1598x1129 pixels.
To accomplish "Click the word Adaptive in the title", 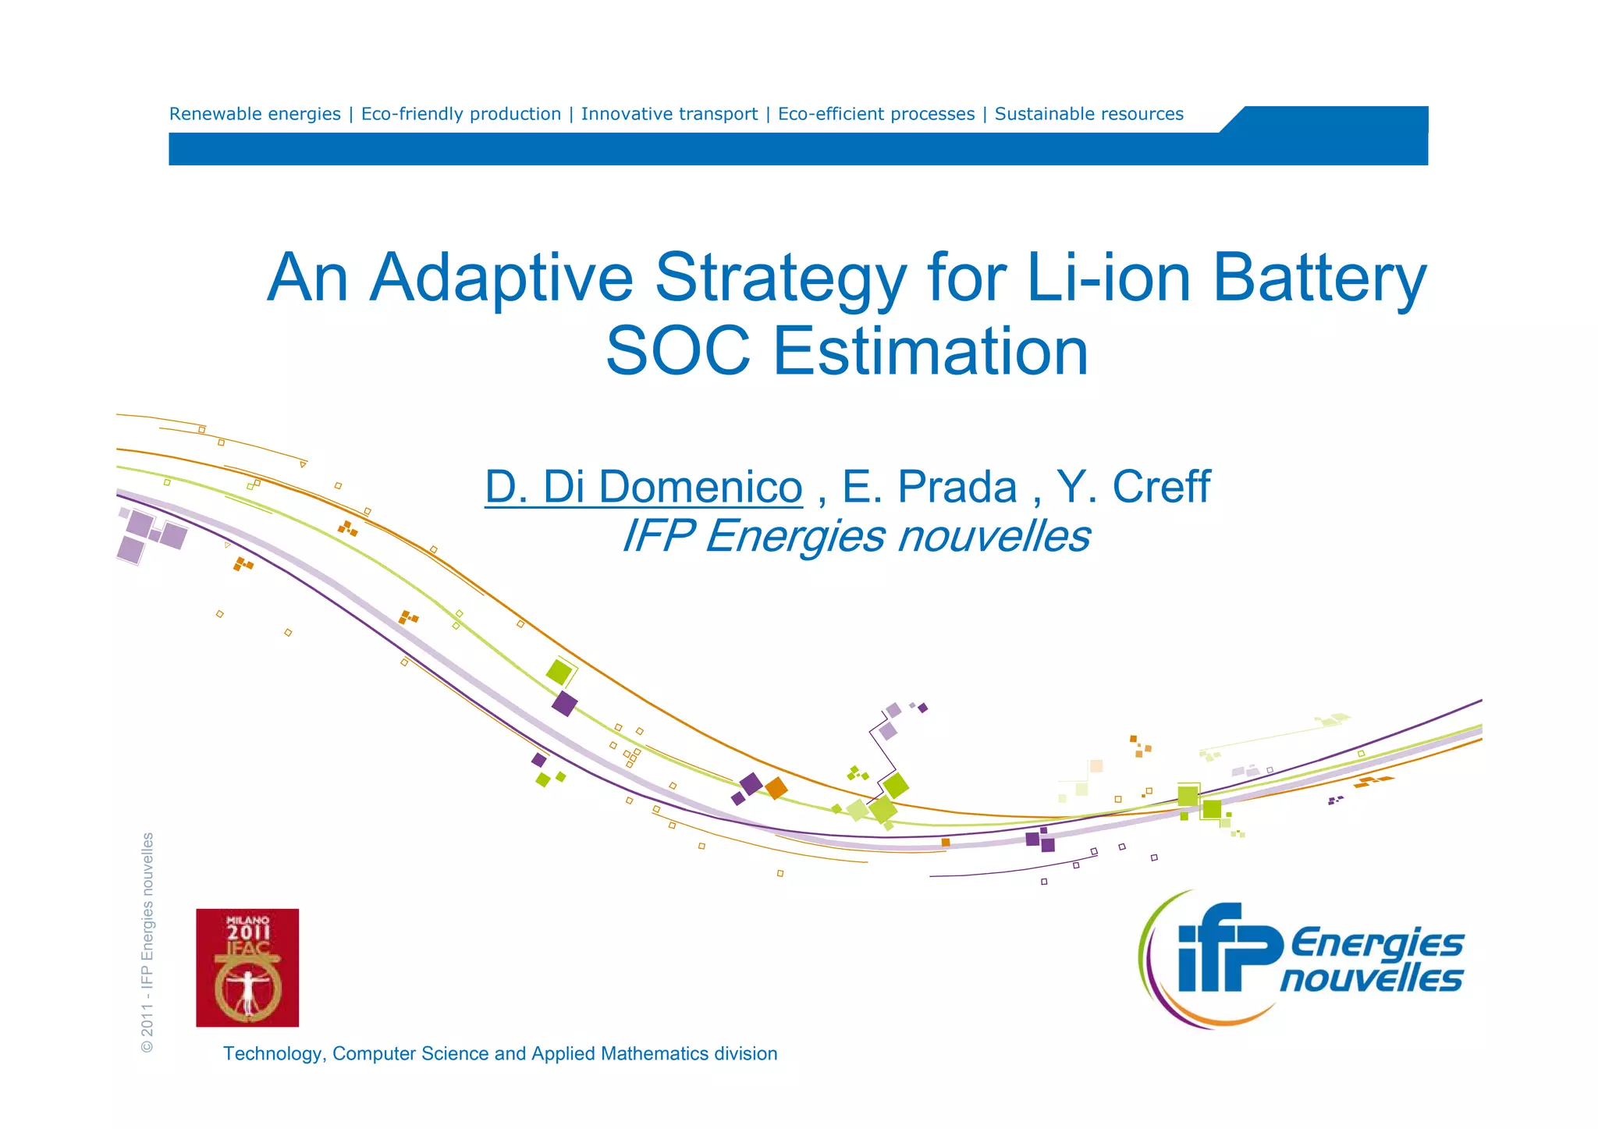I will (x=501, y=279).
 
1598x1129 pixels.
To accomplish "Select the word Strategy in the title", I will (x=780, y=279).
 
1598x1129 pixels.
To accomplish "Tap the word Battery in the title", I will (x=1319, y=279).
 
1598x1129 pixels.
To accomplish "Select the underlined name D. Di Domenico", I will (x=644, y=487).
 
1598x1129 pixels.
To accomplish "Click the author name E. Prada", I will (x=929, y=487).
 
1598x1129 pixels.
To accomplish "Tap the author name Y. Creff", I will (x=1133, y=487).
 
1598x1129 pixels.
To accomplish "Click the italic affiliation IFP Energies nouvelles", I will (x=855, y=536).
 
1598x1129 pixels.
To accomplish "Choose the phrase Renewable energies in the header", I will (x=255, y=114).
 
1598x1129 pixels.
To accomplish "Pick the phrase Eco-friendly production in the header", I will (x=461, y=114).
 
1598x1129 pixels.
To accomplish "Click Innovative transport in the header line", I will (x=669, y=114).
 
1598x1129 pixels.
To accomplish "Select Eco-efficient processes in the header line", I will (x=876, y=114).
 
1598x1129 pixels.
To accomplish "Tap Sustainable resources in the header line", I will (x=1088, y=114).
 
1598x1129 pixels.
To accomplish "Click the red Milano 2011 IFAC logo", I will (x=247, y=967).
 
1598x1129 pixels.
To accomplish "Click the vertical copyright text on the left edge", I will (x=147, y=943).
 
